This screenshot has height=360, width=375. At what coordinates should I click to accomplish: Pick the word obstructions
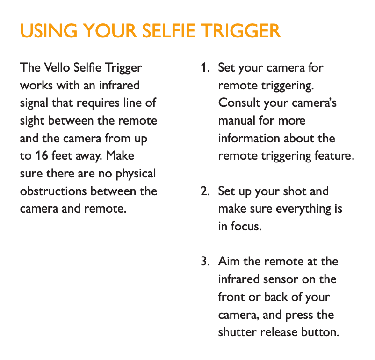[x=53, y=191]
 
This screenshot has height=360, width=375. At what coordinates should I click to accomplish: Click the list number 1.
[x=205, y=67]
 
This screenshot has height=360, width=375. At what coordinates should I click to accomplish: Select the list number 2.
[x=205, y=191]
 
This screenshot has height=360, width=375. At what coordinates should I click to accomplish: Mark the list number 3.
[x=205, y=261]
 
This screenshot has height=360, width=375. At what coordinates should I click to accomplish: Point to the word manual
[x=237, y=120]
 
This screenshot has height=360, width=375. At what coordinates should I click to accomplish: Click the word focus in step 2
[x=246, y=226]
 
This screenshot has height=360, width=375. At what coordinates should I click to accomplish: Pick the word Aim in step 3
[x=229, y=261]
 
